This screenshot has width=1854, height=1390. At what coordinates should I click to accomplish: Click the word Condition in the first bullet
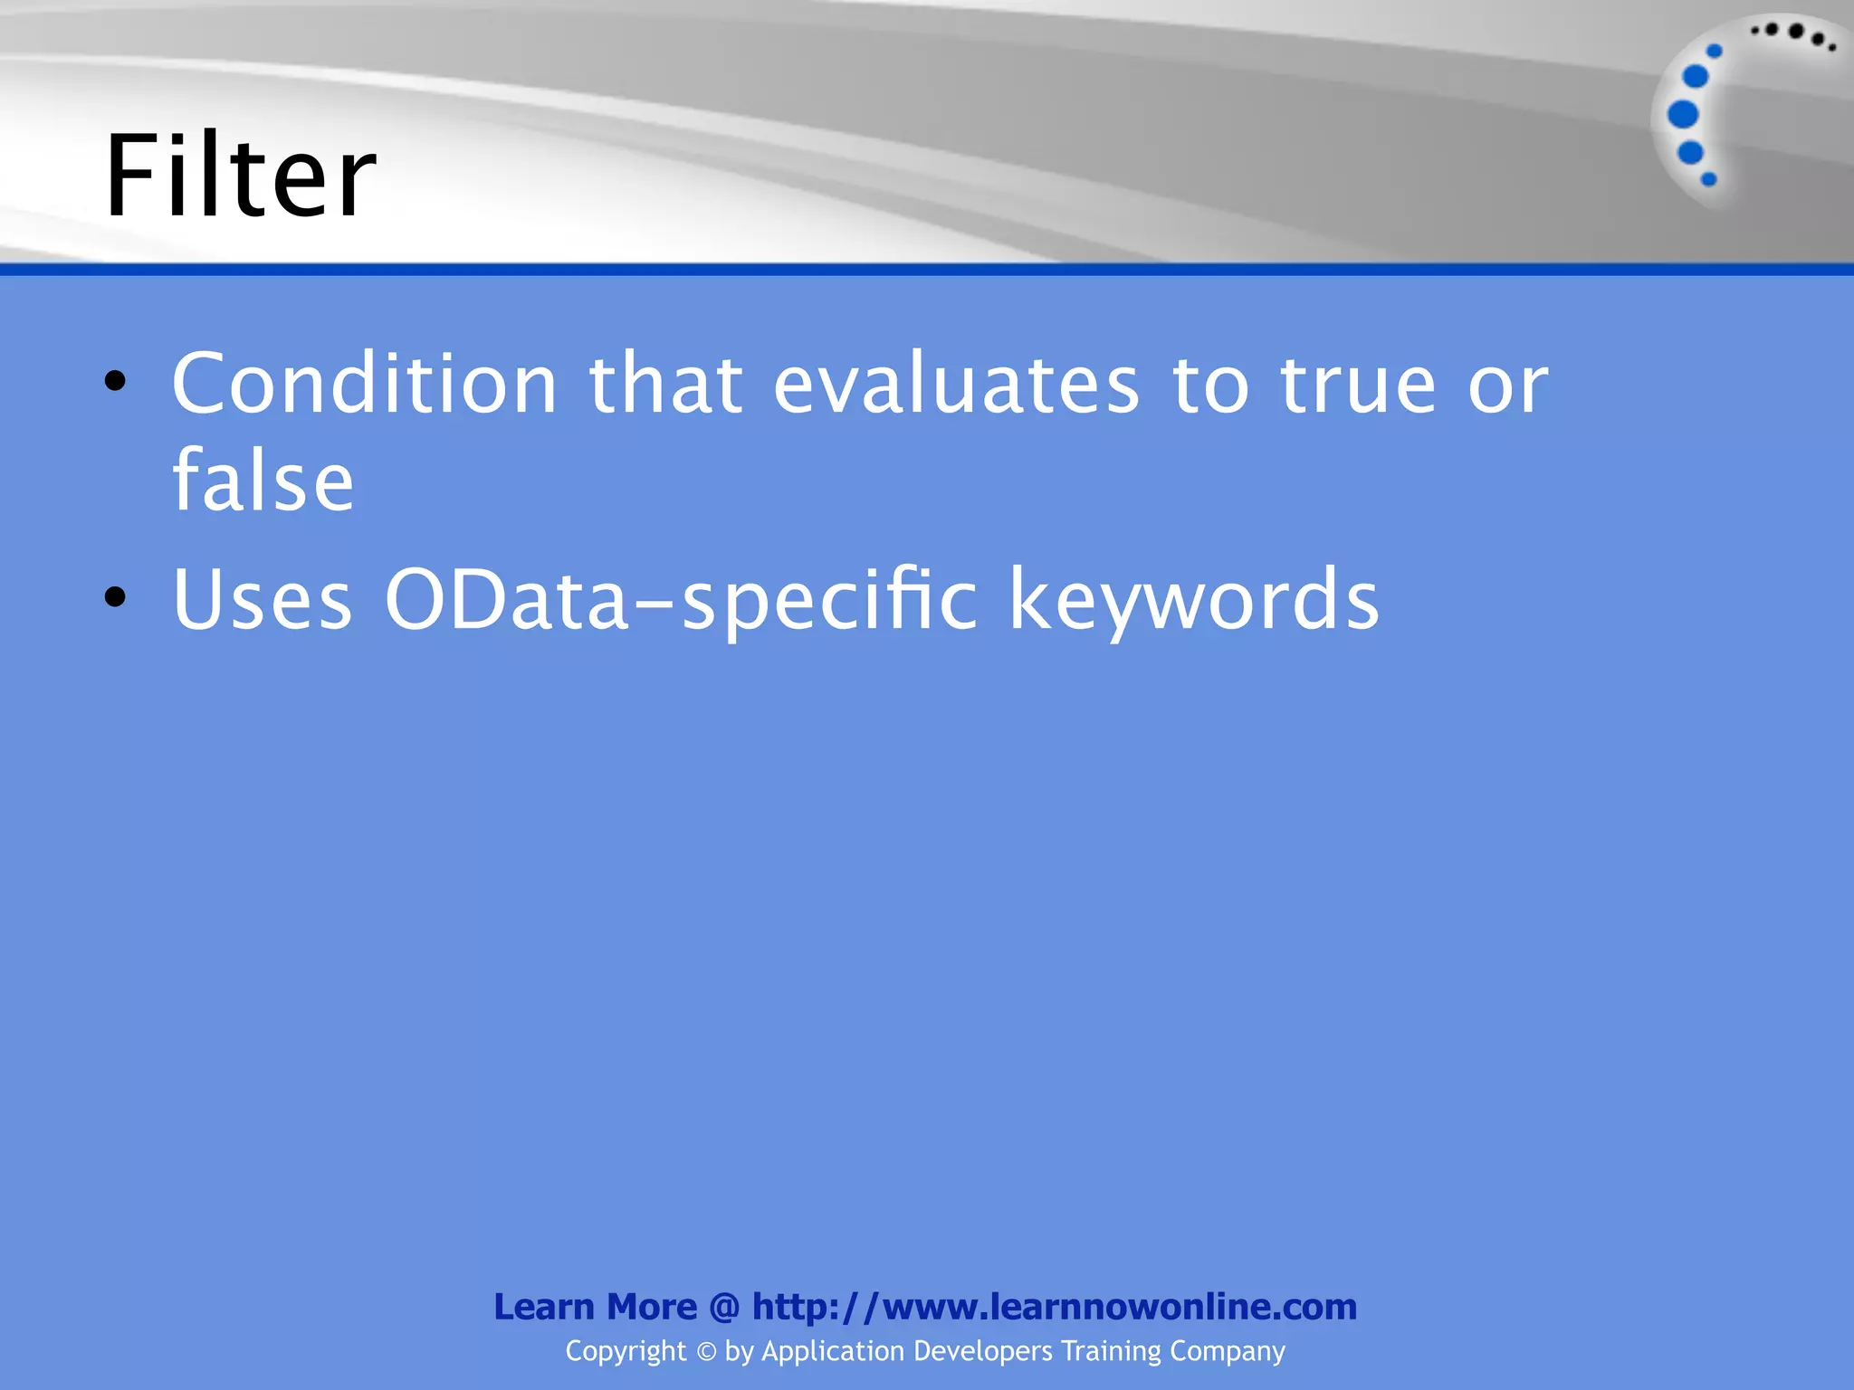364,385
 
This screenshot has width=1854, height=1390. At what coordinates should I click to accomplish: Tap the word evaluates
956,385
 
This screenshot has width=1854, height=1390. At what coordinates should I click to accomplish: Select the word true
1358,385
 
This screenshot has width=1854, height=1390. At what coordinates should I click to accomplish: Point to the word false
263,481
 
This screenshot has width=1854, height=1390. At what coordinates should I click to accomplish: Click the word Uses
262,599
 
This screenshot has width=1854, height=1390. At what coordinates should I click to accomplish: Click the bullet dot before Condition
115,382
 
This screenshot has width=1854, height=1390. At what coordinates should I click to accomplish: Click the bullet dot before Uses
115,597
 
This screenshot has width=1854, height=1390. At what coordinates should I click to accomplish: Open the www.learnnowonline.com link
1055,1307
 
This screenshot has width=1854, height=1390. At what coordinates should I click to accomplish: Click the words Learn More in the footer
595,1307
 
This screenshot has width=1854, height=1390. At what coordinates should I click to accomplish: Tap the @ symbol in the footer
724,1308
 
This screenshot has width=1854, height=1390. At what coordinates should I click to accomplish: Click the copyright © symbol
706,1352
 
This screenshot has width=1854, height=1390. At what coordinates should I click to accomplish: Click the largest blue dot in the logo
1683,115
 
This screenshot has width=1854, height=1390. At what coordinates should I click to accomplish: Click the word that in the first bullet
666,385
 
